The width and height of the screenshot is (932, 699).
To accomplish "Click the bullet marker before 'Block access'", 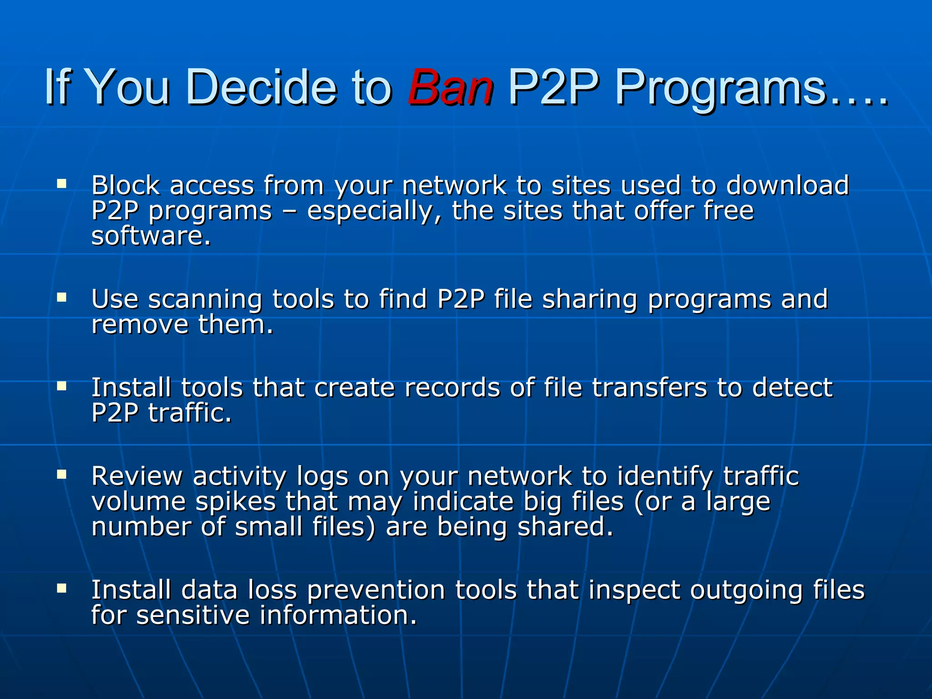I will pyautogui.click(x=61, y=184).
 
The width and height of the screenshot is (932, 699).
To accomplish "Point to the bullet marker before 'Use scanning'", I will pyautogui.click(x=61, y=298).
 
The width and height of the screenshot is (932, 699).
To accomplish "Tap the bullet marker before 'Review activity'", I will pyautogui.click(x=61, y=474).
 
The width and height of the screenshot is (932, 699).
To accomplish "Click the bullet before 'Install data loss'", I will pyautogui.click(x=61, y=588).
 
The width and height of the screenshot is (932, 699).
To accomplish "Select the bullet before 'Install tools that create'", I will pyautogui.click(x=61, y=386).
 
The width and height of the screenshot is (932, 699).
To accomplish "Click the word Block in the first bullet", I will pyautogui.click(x=126, y=185).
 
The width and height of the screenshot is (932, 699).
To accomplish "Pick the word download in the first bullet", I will pyautogui.click(x=787, y=185).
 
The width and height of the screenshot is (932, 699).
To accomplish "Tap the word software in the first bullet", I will pyautogui.click(x=150, y=236).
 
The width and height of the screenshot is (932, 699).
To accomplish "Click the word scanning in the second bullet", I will pyautogui.click(x=205, y=300).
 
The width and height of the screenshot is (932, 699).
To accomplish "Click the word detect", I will pyautogui.click(x=792, y=388).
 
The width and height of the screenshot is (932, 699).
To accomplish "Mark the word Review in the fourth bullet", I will pyautogui.click(x=137, y=476).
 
